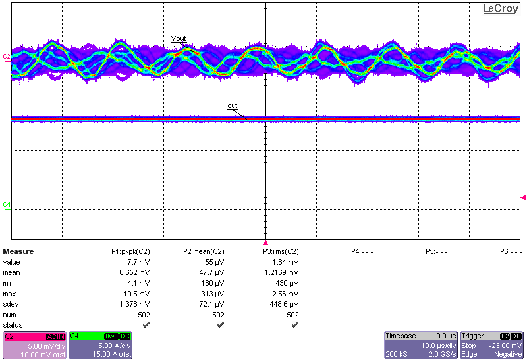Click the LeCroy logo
pos(501,9)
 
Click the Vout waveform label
pos(179,39)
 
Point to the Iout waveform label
pos(232,105)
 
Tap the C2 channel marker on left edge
pos(7,57)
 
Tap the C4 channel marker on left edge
pos(7,205)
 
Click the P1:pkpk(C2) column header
pos(130,251)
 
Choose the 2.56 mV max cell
pos(287,294)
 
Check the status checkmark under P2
pos(220,324)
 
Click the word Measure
pos(18,251)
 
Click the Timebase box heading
pos(401,336)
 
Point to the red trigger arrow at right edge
pos(523,197)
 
